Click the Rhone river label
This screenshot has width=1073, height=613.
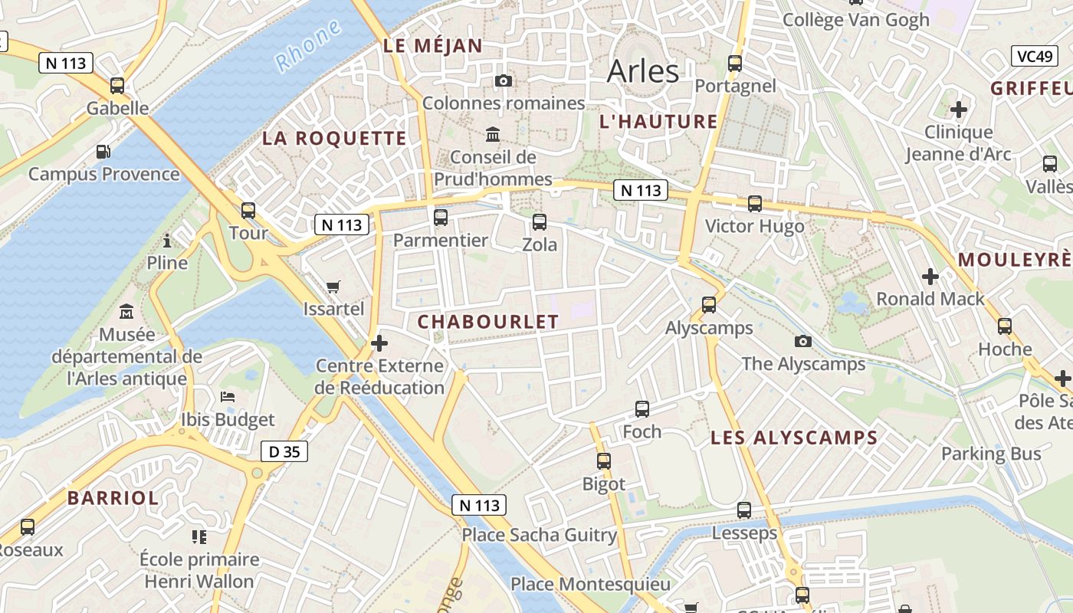pos(308,46)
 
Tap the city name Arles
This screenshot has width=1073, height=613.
pos(642,71)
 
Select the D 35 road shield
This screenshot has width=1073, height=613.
pos(284,451)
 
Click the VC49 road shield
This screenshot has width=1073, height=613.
pos(1035,56)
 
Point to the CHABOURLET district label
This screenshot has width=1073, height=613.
pos(488,323)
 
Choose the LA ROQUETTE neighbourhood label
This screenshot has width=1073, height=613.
pos(334,139)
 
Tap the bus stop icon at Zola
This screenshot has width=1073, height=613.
pos(540,222)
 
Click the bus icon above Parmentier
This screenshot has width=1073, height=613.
pos(441,217)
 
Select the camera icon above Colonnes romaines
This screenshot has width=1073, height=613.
pos(504,80)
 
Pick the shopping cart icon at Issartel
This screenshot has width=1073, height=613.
pos(333,287)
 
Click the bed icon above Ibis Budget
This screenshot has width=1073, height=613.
pos(228,396)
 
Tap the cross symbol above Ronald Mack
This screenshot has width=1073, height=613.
pos(930,276)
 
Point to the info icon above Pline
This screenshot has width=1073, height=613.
pos(167,241)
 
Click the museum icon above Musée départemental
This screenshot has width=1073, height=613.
pos(126,312)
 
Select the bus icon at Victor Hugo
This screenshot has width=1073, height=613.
pos(755,203)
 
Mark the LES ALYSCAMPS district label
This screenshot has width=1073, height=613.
pos(794,438)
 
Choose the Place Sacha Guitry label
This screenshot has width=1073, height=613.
pos(539,535)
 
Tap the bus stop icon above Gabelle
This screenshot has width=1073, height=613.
pos(117,86)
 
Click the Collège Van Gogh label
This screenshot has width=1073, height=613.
pos(855,20)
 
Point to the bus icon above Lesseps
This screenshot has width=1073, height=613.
pos(744,510)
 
